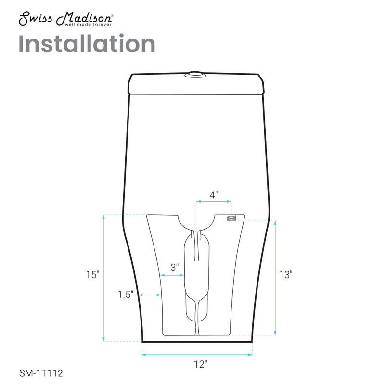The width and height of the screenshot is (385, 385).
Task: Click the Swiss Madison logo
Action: pos(66,19)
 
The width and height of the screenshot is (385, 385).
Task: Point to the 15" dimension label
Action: pos(92,275)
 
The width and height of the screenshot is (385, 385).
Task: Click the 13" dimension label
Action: pos(286,275)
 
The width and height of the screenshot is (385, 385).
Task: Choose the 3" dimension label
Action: pos(174,266)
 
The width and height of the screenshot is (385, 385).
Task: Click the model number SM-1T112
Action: pos(41,373)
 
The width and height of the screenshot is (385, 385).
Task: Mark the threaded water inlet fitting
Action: pos(231,218)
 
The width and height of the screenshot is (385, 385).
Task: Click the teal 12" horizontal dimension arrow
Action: pos(197,355)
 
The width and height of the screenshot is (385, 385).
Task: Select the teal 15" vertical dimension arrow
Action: pos(104,278)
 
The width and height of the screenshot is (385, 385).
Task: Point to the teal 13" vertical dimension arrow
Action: pos(275,278)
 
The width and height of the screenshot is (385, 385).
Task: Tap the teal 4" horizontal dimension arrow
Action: pos(214,203)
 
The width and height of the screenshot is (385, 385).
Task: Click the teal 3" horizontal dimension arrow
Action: pos(172,275)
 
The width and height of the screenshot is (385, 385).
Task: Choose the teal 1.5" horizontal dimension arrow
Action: pos(150,295)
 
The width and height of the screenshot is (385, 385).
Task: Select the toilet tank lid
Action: pos(197,84)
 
